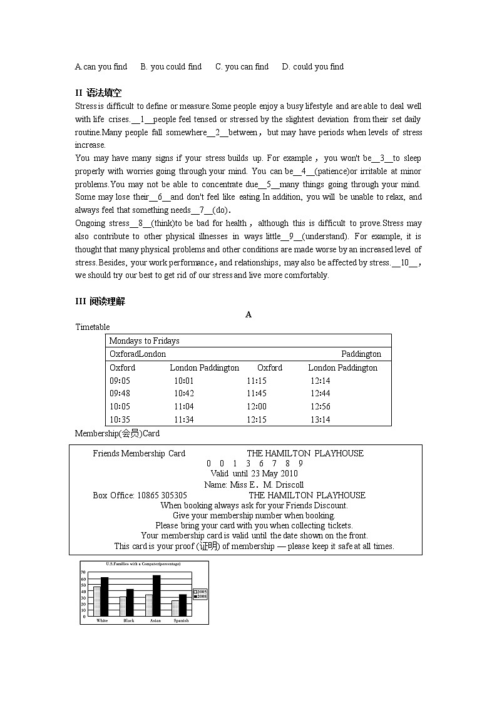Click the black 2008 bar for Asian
coord(156,595)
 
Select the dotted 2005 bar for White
coord(97,601)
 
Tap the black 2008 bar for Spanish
coord(182,605)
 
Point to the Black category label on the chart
coord(129,620)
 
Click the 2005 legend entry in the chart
coord(200,592)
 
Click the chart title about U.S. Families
coord(143,564)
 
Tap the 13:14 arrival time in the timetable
coord(320,419)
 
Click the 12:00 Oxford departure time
coord(256,406)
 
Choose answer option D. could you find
coord(312,66)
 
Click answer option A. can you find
coord(101,66)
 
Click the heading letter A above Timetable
coord(248,314)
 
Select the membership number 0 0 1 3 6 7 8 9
coord(254,463)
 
